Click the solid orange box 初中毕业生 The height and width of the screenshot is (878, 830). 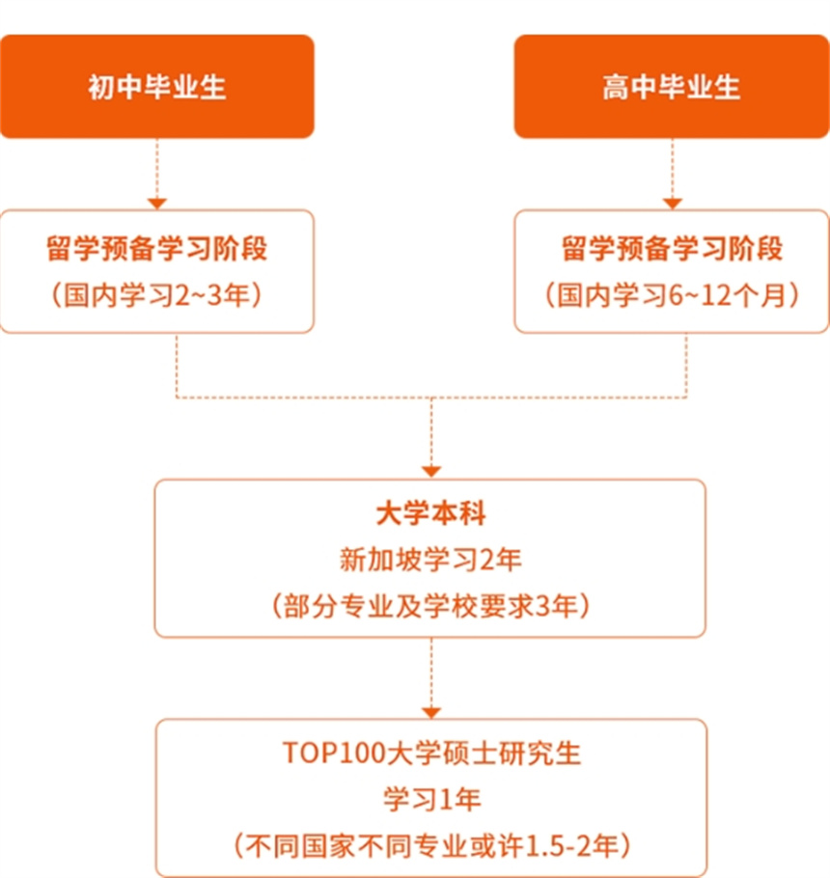156,86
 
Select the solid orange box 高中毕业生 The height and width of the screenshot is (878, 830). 672,86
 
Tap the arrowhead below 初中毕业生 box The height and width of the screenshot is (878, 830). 156,204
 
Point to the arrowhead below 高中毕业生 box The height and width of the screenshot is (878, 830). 672,204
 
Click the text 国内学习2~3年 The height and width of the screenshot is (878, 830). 156,295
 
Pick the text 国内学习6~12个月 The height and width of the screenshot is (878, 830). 672,295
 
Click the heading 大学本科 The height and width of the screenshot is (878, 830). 430,513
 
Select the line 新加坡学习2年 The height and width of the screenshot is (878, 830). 430,560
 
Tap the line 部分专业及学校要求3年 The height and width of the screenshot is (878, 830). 430,605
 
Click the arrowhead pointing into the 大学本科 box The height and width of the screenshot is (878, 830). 431,472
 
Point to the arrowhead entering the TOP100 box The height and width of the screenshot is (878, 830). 431,712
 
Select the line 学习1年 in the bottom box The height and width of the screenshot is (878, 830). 431,799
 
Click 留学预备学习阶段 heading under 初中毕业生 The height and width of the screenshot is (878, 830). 156,248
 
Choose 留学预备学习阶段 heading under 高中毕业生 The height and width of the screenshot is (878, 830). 672,248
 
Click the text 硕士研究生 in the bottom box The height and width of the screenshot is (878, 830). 512,754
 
